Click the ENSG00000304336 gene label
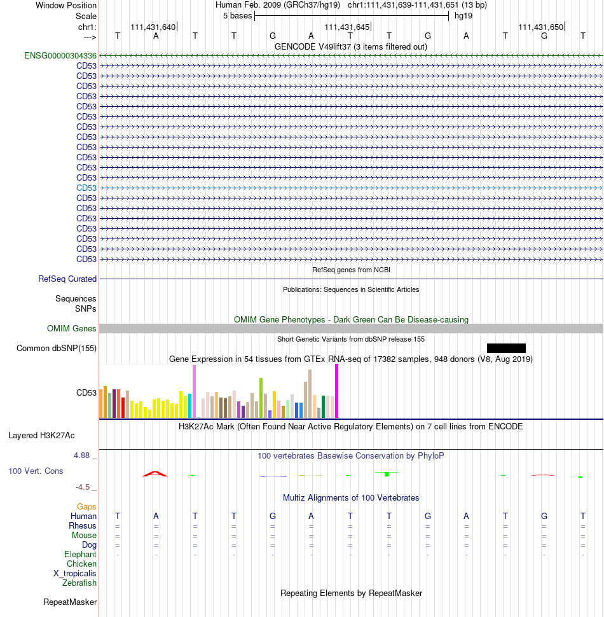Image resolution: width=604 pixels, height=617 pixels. pos(60,56)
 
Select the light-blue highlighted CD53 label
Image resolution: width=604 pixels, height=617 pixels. pos(86,188)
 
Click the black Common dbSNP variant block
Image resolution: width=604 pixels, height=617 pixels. pos(506,348)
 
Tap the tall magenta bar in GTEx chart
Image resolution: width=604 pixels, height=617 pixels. pos(336,391)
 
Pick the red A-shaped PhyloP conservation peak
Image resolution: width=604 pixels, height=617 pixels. pos(155,474)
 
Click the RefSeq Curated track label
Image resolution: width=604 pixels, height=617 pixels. pos(67,279)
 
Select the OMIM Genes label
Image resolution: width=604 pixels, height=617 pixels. pos(72,329)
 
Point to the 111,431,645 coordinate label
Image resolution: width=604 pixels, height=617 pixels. pos(347,27)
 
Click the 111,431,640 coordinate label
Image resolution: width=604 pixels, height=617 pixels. pos(153,27)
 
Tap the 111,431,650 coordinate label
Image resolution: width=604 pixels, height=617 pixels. pos(540,27)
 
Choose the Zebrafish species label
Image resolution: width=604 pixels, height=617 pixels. pos(79,583)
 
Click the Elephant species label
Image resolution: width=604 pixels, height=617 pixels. pos(80,555)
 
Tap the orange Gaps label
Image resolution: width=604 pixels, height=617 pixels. pos(86,507)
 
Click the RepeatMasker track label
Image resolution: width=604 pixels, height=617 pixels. pos(70,602)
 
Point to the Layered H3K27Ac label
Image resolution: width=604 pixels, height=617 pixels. pos(41,436)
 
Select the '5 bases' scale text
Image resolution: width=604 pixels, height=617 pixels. pos(238,16)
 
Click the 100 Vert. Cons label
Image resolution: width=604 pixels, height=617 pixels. pos(36,471)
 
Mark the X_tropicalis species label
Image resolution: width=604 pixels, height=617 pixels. pos(75,574)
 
